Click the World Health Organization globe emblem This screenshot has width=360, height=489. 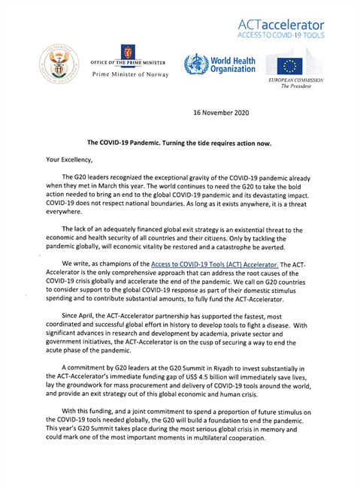[x=194, y=65]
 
